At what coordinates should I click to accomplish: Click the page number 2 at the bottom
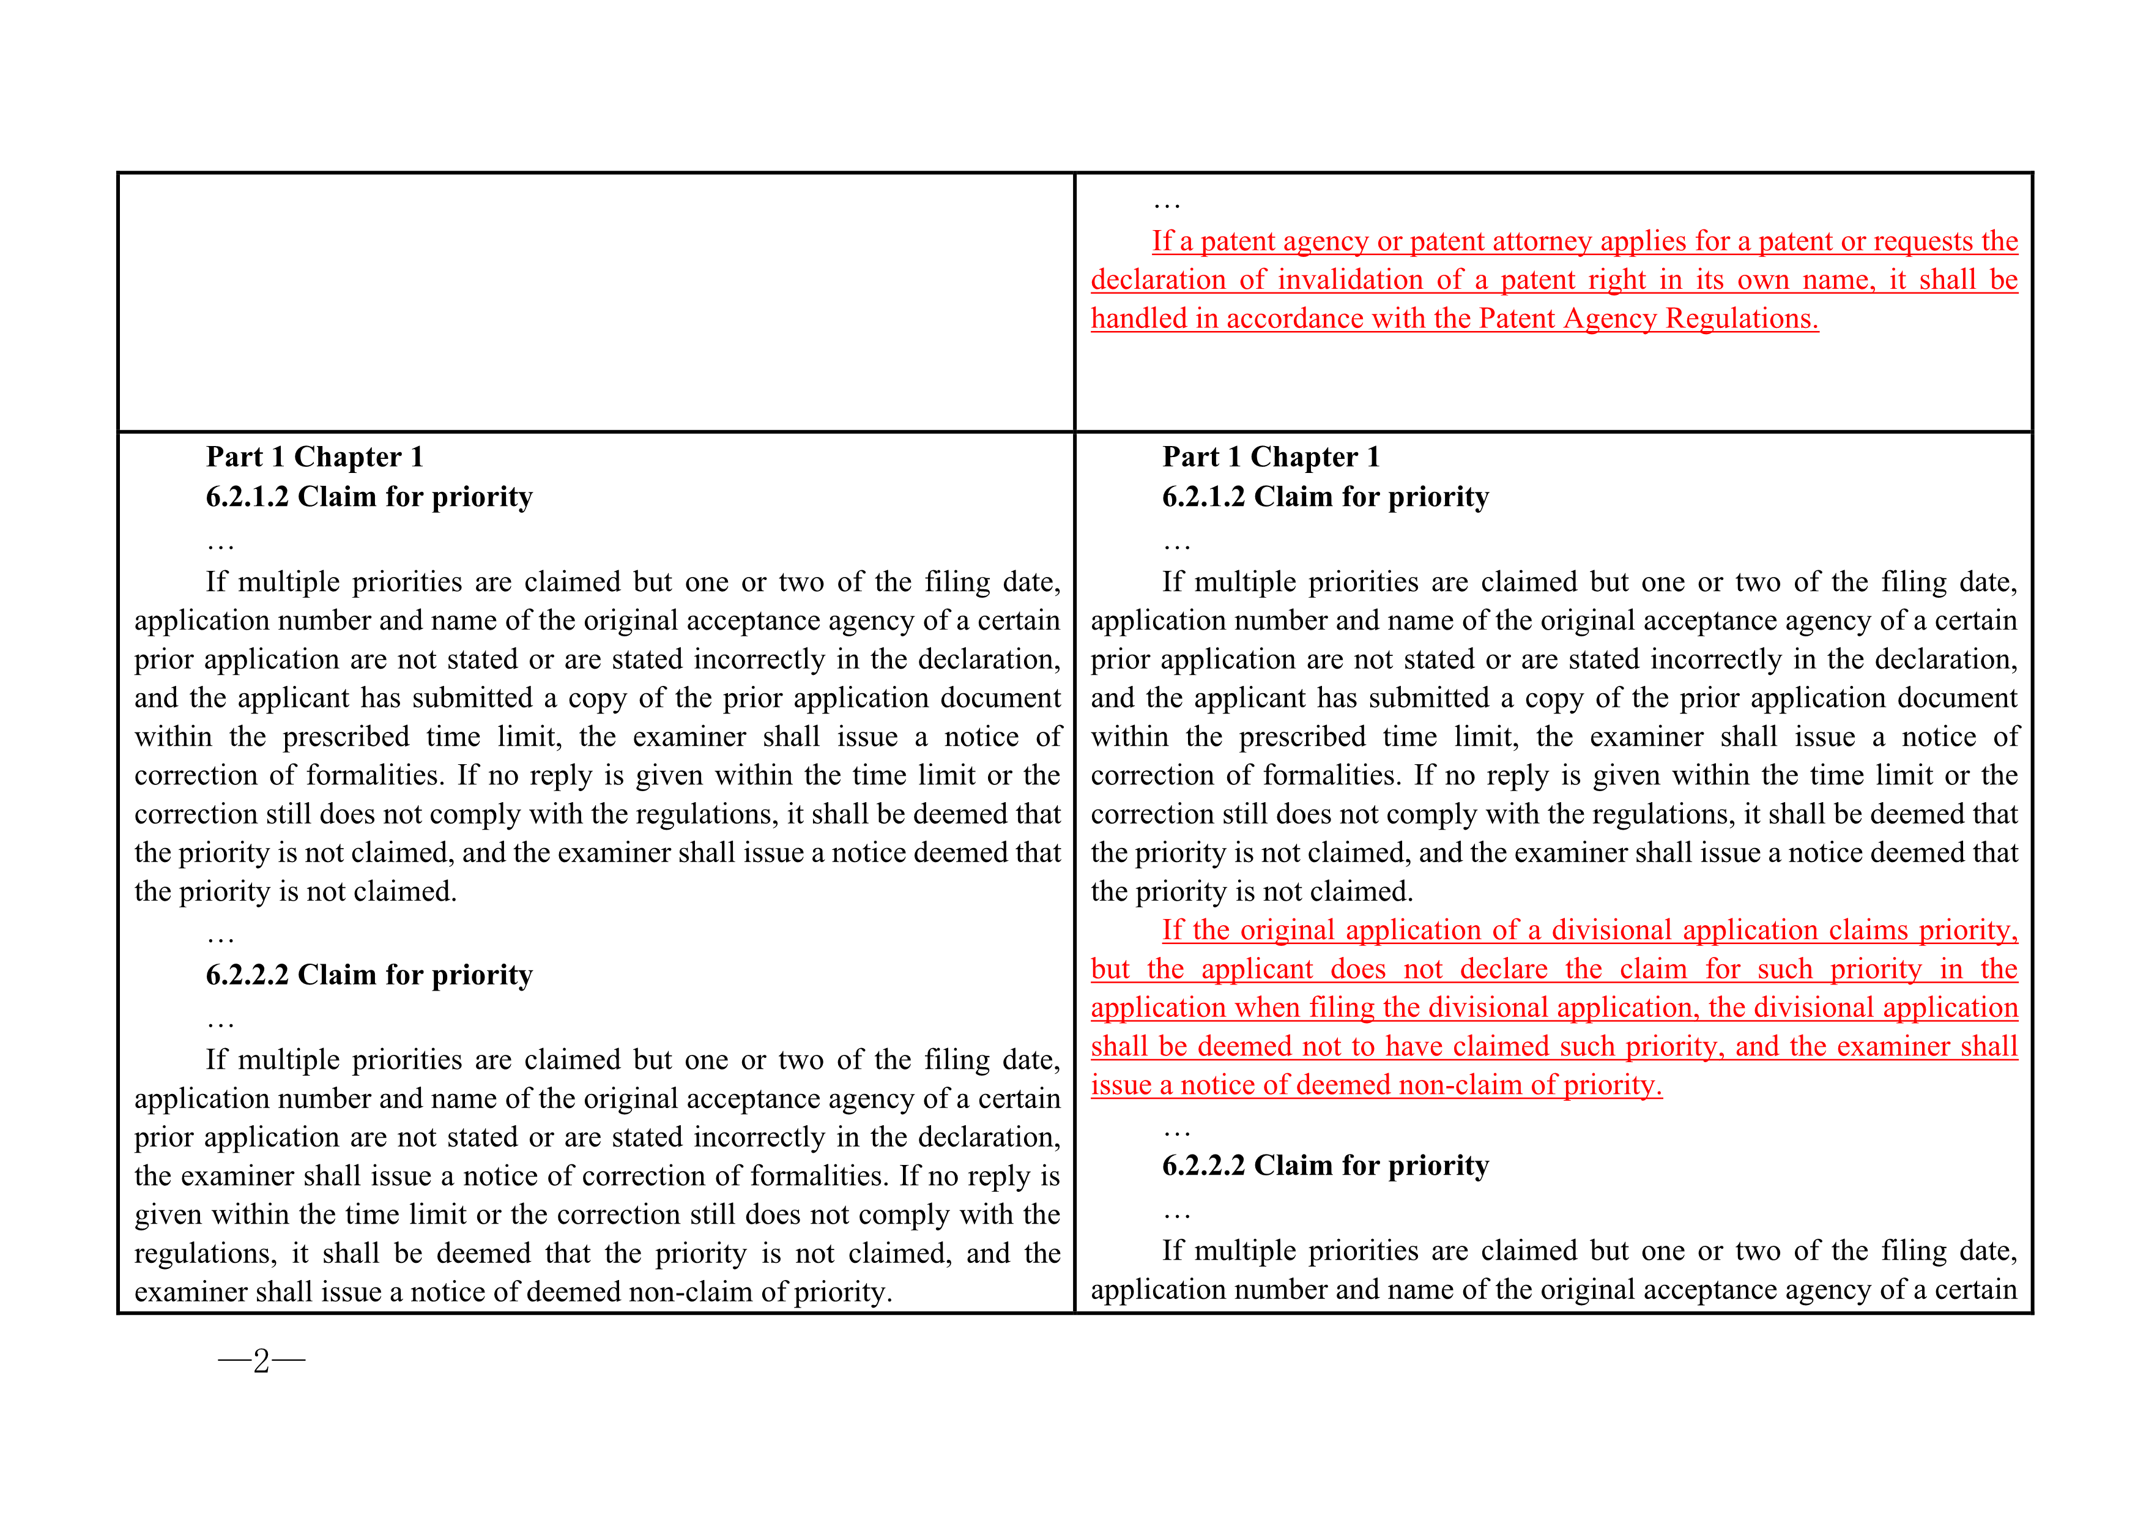262,1361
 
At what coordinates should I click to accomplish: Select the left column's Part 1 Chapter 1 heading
315,457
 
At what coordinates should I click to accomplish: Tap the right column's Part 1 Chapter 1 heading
1271,457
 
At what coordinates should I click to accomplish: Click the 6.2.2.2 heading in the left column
369,975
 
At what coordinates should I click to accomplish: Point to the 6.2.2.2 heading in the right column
1326,1166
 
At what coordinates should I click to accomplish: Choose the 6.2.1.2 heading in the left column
369,496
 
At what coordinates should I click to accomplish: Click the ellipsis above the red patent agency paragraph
1167,204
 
